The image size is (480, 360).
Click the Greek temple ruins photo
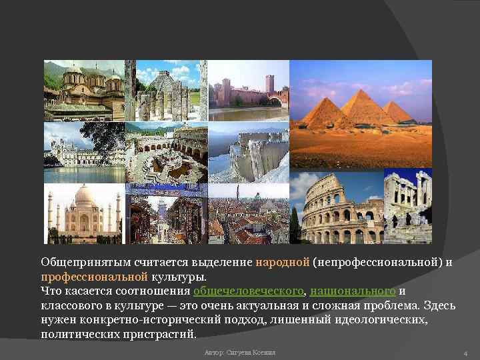click(x=408, y=206)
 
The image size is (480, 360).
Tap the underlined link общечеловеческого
click(x=248, y=291)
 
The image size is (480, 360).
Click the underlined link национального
click(x=353, y=291)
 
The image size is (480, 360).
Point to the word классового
click(x=73, y=305)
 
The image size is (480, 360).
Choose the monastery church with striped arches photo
click(x=84, y=90)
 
